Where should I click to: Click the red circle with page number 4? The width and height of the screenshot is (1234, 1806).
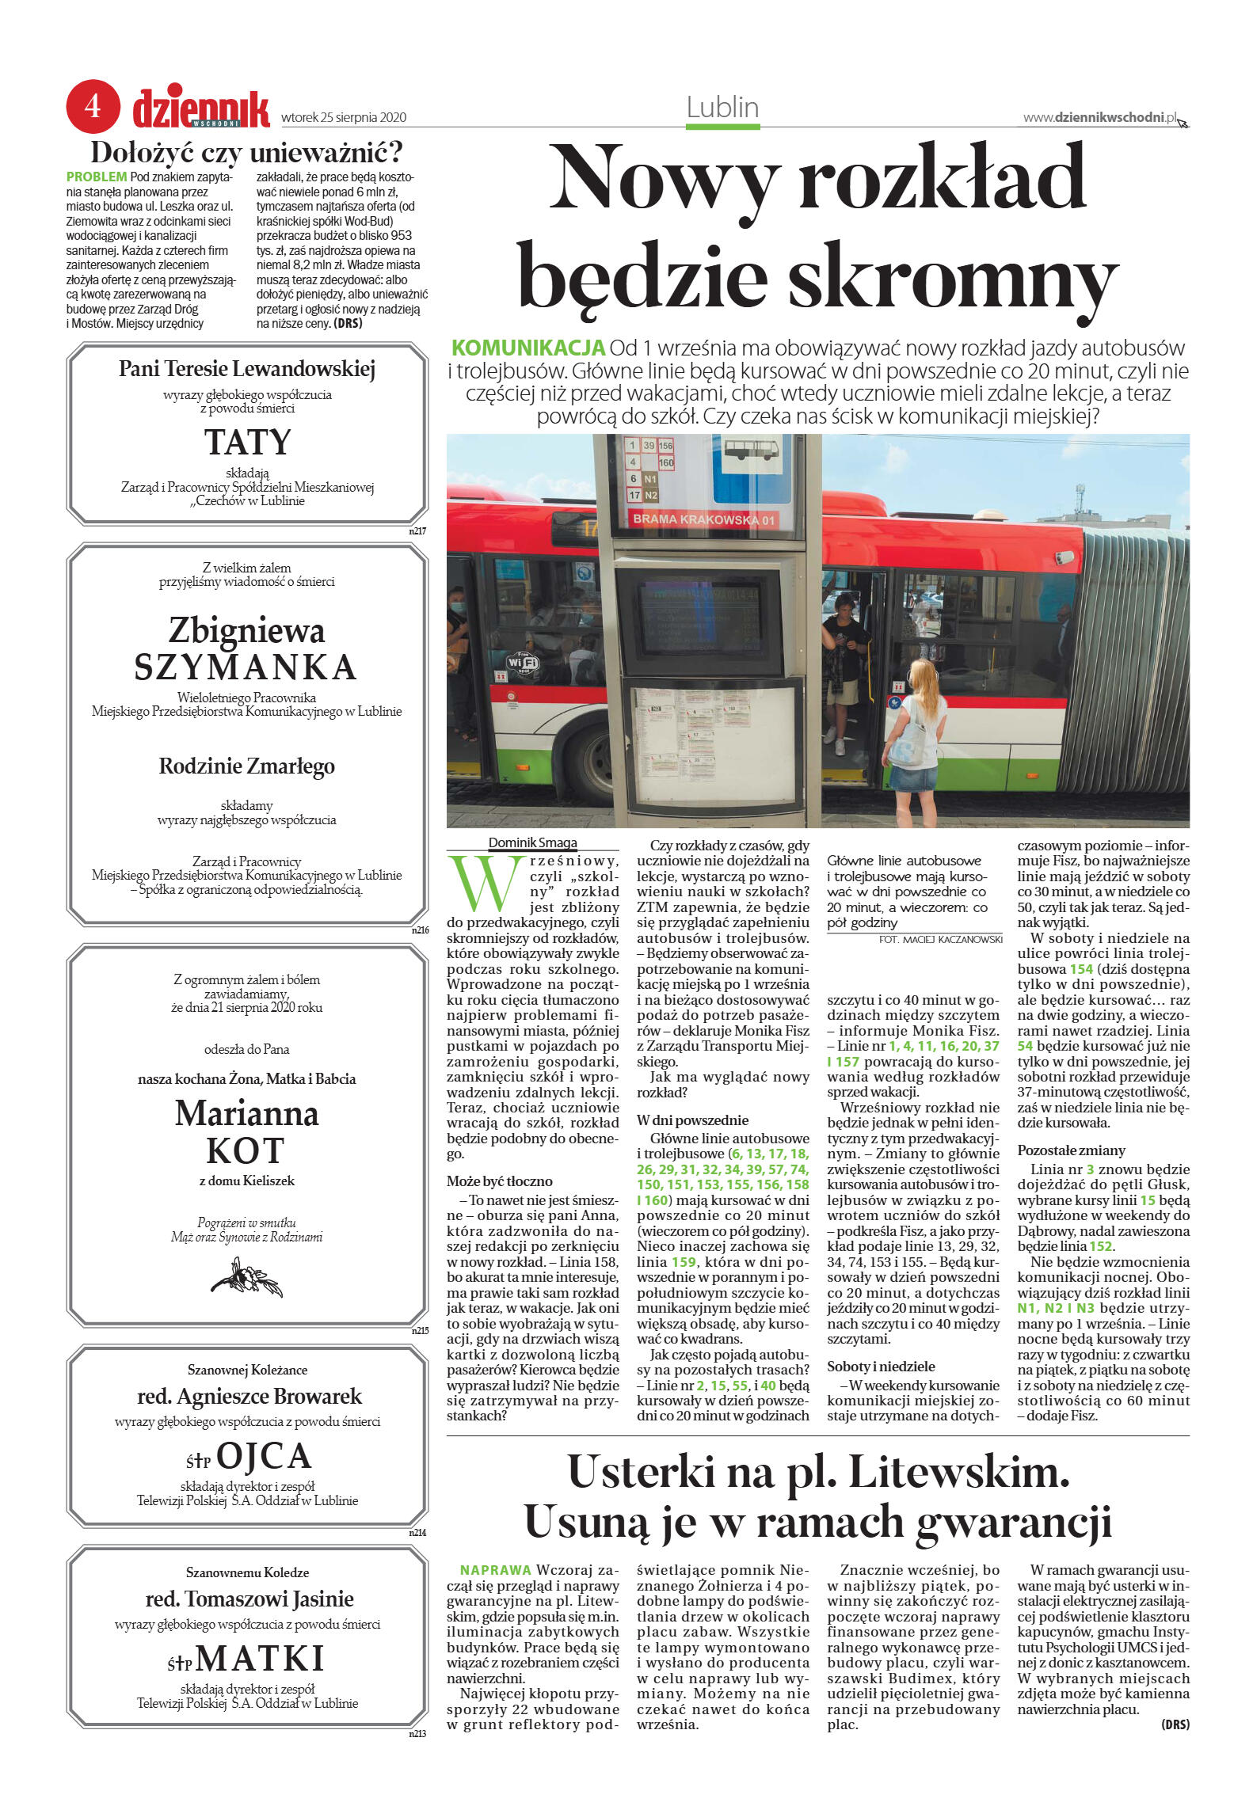[93, 105]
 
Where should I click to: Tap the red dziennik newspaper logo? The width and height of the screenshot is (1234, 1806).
[201, 109]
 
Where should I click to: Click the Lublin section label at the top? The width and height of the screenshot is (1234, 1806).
[722, 108]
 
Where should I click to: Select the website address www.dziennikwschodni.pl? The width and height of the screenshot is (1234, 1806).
[1100, 117]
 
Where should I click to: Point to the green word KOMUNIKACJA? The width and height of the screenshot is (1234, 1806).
[527, 348]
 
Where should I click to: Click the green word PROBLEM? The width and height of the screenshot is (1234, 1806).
[96, 177]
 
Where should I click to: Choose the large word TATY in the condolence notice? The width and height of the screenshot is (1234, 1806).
[247, 442]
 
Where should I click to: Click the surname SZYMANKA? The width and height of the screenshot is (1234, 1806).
[246, 667]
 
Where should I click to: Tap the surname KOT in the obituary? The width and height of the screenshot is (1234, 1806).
[246, 1150]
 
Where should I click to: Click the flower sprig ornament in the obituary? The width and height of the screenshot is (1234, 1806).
[246, 1278]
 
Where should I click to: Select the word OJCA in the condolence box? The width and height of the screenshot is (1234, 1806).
[264, 1456]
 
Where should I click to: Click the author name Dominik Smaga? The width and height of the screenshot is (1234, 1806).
[532, 842]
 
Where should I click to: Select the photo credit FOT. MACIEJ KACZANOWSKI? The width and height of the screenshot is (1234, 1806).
[940, 939]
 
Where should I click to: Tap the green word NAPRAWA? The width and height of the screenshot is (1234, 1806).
[495, 1569]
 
